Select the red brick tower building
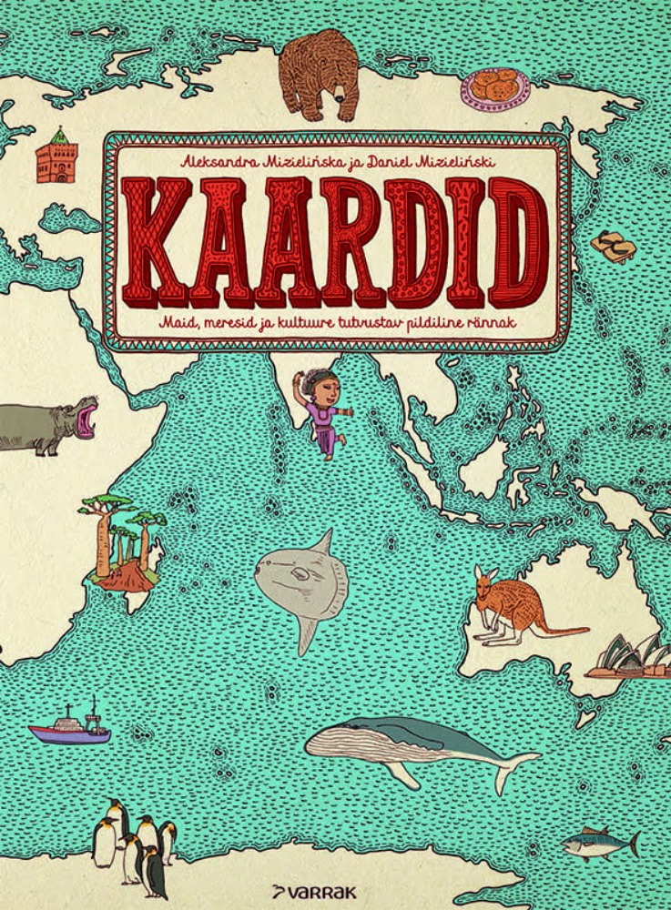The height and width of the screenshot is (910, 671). (x=56, y=157)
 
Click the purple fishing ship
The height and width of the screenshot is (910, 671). (x=70, y=727)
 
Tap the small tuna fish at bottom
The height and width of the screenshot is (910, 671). (x=597, y=844)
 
